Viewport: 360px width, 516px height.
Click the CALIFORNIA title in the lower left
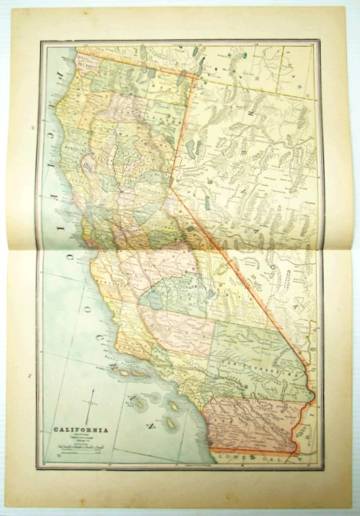point(81,431)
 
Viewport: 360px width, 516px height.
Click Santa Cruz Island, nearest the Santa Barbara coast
point(128,372)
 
